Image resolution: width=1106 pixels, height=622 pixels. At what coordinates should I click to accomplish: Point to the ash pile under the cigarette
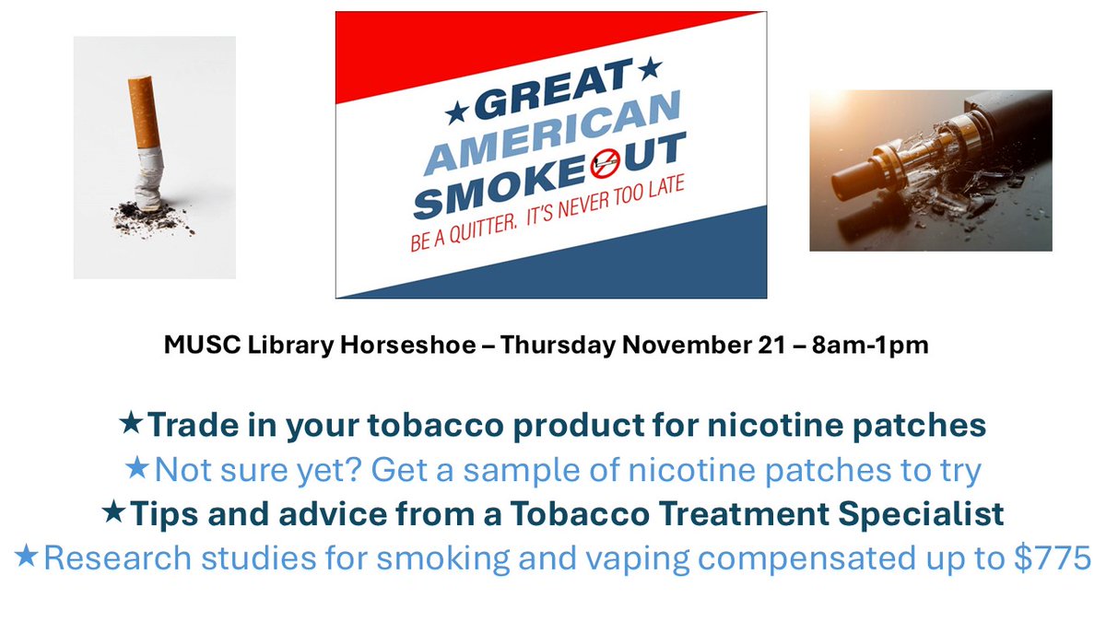153,216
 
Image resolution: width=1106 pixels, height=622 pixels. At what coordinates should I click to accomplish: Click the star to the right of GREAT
652,67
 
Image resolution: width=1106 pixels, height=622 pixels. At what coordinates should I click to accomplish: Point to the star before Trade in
132,424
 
